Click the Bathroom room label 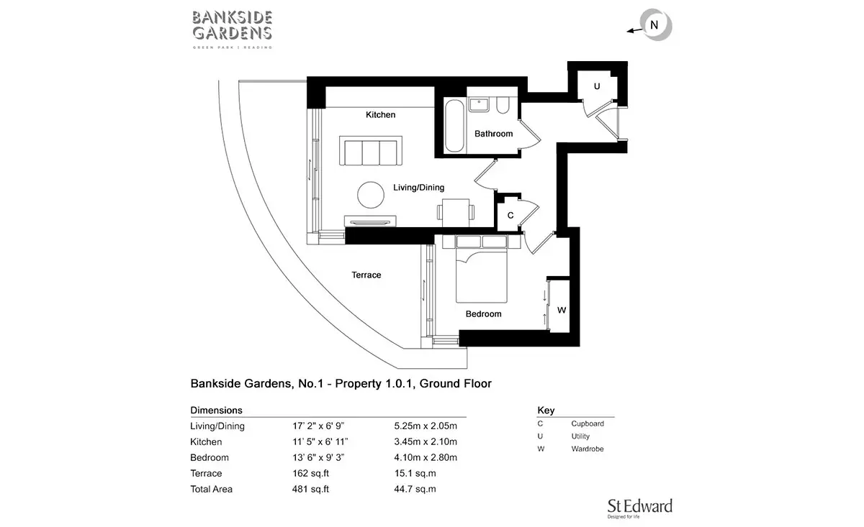[493, 134]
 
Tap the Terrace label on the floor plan [366, 275]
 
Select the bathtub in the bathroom [454, 126]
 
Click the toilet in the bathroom [503, 105]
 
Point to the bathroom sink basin [479, 104]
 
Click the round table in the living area [371, 195]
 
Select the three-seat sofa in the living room [371, 151]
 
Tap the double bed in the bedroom [482, 270]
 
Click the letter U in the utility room [597, 86]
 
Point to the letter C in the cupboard [510, 216]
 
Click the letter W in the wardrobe [562, 310]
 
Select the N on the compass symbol [654, 25]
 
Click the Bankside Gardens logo [232, 29]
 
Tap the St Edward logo [639, 508]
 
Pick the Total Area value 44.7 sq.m [415, 489]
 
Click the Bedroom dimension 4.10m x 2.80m [426, 458]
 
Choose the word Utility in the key [580, 436]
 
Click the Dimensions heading [217, 411]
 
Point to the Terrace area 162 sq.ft [310, 474]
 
